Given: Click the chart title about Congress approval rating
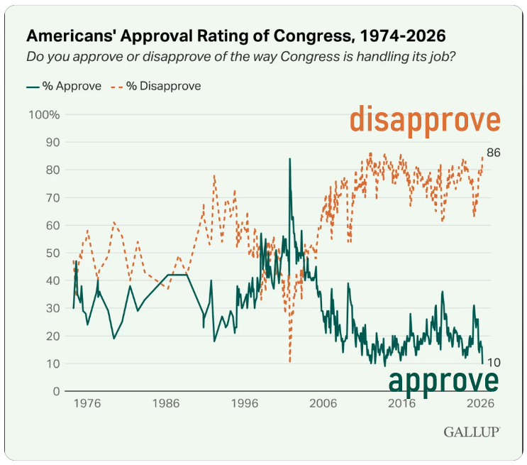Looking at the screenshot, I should [238, 35].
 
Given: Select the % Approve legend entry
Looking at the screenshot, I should [65, 86].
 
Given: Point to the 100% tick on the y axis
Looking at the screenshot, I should [43, 115].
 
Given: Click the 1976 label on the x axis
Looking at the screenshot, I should [86, 404].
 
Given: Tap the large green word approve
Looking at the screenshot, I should [443, 381].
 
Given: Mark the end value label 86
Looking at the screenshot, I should [494, 153].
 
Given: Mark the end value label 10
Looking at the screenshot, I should [494, 363].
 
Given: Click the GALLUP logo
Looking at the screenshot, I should [472, 432].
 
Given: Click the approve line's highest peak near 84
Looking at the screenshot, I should [289, 159].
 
